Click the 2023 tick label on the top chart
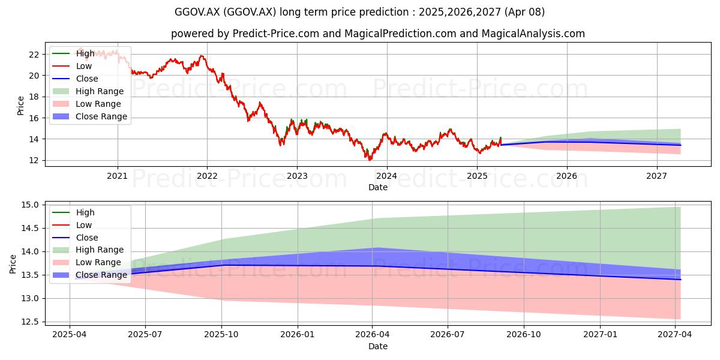coord(297,176)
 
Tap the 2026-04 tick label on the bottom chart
coord(372,335)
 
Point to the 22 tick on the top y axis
coord(34,55)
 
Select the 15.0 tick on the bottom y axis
coord(30,205)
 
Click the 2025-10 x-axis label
coord(221,335)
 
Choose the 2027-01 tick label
coord(600,335)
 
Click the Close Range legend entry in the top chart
coord(89,116)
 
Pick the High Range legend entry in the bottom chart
coord(88,250)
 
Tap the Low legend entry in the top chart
coord(72,66)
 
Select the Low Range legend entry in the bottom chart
coord(87,262)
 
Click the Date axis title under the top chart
coord(377,187)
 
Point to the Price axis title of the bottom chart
coord(13,264)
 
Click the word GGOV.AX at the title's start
coord(197,12)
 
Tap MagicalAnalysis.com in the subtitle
coord(533,34)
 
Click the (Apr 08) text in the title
coord(524,12)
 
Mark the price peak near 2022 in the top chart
coord(202,56)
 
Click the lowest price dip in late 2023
coord(370,159)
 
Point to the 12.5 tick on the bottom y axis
coord(30,322)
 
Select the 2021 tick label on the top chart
coord(118,176)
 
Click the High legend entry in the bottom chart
coord(73,212)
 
